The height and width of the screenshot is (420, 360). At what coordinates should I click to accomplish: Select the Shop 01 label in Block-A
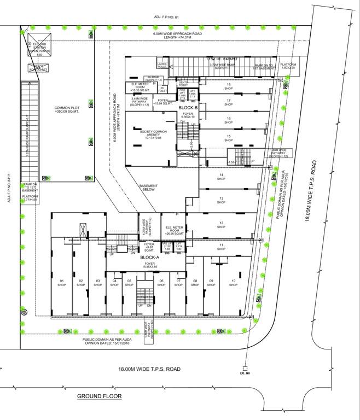point(62,283)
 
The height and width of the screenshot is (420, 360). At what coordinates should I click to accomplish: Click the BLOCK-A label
point(149,257)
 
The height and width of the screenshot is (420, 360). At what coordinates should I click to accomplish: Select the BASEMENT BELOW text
point(149,188)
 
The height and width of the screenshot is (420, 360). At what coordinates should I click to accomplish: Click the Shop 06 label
point(161,283)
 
